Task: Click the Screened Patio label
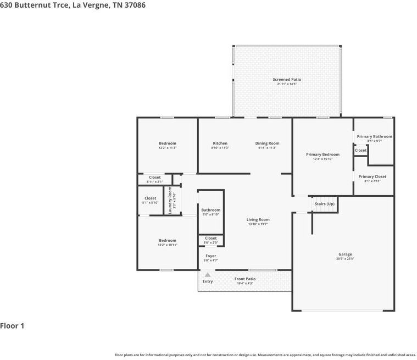pyautogui.click(x=287, y=80)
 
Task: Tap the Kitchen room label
pyautogui.click(x=220, y=143)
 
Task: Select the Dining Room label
pyautogui.click(x=267, y=143)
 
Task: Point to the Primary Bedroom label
pyautogui.click(x=323, y=154)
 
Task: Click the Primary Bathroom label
pyautogui.click(x=374, y=136)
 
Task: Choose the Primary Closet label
pyautogui.click(x=372, y=176)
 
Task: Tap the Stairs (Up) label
pyautogui.click(x=324, y=204)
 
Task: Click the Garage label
pyautogui.click(x=345, y=254)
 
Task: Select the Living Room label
pyautogui.click(x=258, y=220)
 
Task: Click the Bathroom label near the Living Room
pyautogui.click(x=210, y=210)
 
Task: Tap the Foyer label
pyautogui.click(x=210, y=256)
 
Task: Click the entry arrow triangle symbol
pyautogui.click(x=208, y=274)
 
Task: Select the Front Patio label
pyautogui.click(x=244, y=279)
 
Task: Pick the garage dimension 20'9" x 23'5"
pyautogui.click(x=345, y=259)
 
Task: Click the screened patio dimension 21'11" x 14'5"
pyautogui.click(x=287, y=84)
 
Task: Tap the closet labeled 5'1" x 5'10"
pyautogui.click(x=150, y=203)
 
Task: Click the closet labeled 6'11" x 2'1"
pyautogui.click(x=154, y=181)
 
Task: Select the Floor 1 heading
pyautogui.click(x=12, y=326)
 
